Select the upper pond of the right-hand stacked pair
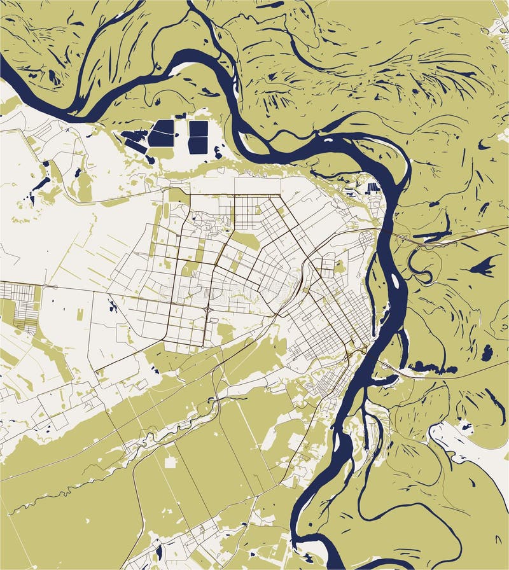[x=198, y=129]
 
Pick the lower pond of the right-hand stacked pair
[x=197, y=146]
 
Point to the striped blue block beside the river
[x=373, y=188]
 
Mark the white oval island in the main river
[x=395, y=279]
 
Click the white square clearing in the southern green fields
[x=170, y=461]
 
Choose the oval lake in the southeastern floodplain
[x=487, y=352]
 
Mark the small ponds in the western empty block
[x=113, y=307]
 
